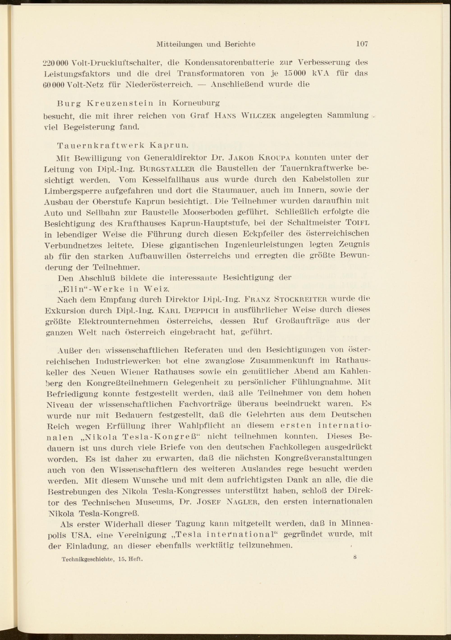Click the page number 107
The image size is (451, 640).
click(x=362, y=44)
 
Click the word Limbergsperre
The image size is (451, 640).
click(x=75, y=191)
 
